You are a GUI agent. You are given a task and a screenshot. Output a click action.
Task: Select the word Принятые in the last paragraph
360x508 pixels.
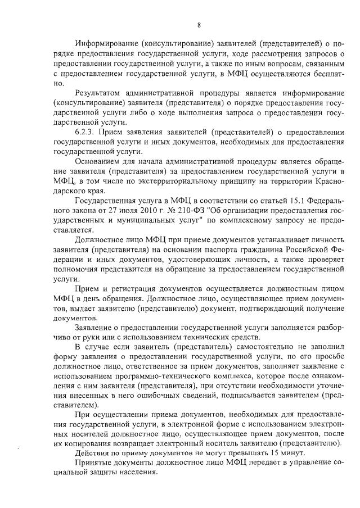click(x=92, y=462)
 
